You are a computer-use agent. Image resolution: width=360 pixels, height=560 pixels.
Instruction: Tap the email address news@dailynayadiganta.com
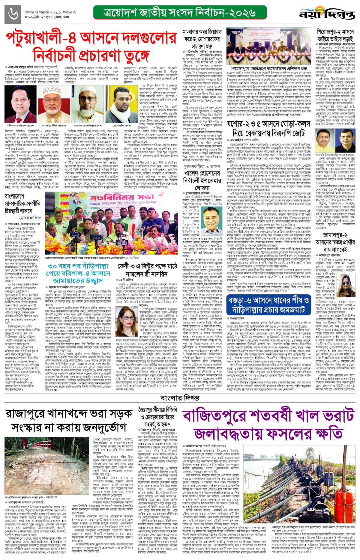tap(47, 17)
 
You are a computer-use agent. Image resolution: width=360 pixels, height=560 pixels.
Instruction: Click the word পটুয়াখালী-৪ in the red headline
tap(41, 38)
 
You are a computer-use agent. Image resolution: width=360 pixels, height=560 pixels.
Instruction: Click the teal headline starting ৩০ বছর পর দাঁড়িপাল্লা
tap(78, 273)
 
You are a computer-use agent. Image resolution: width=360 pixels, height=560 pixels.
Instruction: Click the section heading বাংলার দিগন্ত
tap(180, 398)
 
